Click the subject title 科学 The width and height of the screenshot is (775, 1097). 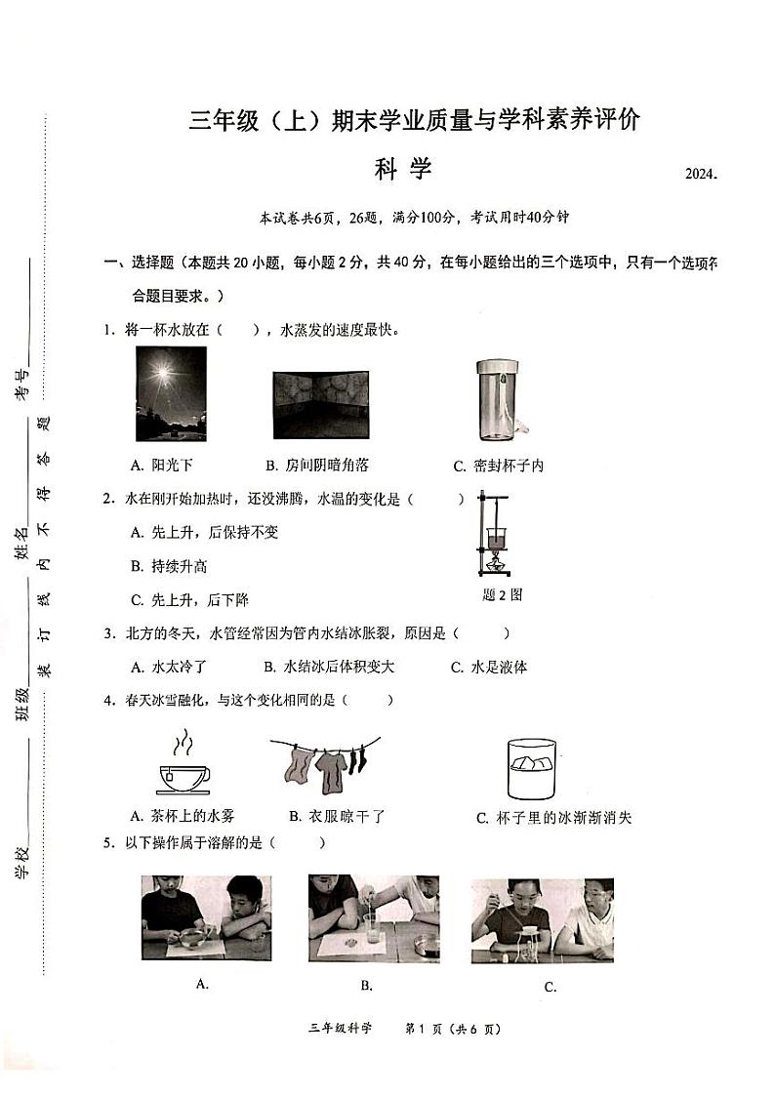coord(402,170)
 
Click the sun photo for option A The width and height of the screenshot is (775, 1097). coord(171,394)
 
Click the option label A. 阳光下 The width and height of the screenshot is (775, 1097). coord(161,466)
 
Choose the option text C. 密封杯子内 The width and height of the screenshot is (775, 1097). coord(498,467)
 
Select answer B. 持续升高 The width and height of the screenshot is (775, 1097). coord(169,566)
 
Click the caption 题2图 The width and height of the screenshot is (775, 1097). coord(502,594)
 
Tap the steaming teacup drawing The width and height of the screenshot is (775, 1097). coord(183,767)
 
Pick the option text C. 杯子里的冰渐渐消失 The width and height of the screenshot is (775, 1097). coord(553,818)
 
